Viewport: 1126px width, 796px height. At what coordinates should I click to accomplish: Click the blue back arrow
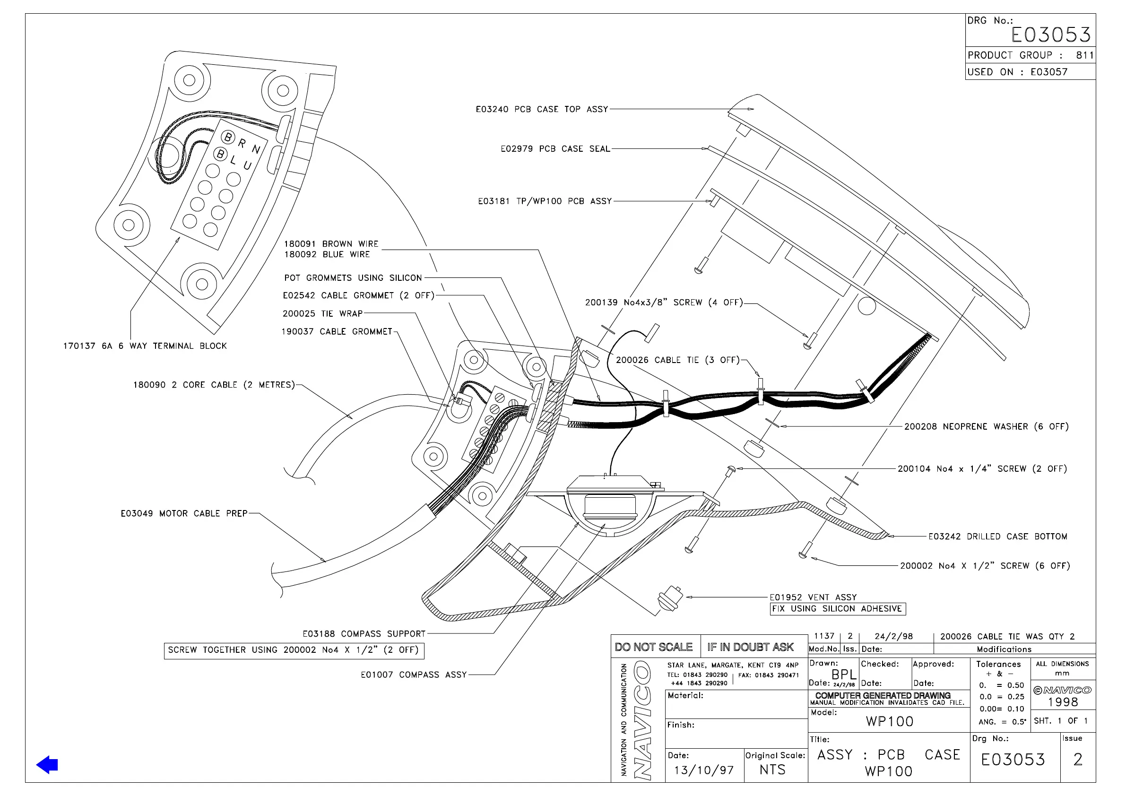coord(47,765)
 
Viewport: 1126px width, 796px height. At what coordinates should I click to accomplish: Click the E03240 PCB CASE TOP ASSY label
coord(541,109)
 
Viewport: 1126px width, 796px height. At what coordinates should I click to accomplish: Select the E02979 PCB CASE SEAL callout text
coord(555,149)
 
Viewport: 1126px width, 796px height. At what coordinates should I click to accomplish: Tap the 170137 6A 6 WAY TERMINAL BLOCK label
coord(145,346)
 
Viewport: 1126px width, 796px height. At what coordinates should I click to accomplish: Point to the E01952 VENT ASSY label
coord(813,597)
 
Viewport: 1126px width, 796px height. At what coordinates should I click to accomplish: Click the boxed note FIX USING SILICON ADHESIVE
coord(837,609)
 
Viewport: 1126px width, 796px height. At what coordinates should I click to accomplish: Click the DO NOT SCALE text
coord(654,648)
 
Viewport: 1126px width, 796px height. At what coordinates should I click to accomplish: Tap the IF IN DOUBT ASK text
coord(750,648)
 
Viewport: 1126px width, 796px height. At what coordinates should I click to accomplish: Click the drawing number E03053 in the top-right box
coord(1050,35)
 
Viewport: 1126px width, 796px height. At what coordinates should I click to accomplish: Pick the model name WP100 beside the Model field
coord(890,721)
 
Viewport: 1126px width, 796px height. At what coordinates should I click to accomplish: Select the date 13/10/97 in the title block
coord(704,770)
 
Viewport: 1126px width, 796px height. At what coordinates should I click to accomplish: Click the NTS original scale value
coord(772,770)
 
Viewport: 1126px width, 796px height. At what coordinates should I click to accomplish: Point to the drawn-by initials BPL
coord(843,675)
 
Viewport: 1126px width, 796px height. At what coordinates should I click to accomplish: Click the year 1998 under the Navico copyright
coord(1063,702)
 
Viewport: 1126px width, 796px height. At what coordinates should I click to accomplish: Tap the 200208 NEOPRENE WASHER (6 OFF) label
coord(986,427)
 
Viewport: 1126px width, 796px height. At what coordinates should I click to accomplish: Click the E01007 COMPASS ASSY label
coord(414,675)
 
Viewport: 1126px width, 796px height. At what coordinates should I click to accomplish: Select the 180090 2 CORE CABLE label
coord(214,385)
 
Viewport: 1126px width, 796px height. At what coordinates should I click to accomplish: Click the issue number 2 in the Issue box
coord(1077,760)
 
